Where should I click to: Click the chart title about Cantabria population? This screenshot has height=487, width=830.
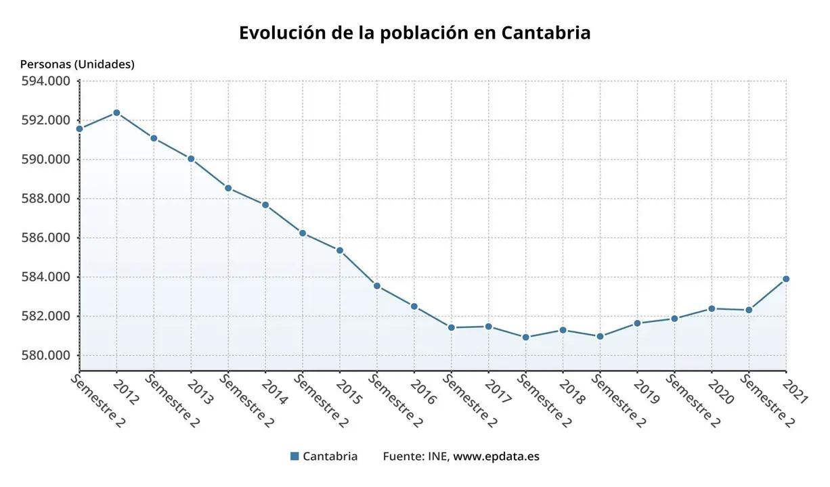(x=414, y=33)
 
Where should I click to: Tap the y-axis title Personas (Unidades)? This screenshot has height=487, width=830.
(x=77, y=64)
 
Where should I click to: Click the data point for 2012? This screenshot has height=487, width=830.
(x=116, y=112)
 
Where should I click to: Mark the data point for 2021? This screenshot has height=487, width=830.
(x=786, y=279)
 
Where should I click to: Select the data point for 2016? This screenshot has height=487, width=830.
(x=414, y=306)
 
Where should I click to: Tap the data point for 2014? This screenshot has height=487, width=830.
(x=265, y=205)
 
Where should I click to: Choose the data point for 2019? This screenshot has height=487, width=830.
(x=637, y=323)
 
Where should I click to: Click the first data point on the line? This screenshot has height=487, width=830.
(x=79, y=129)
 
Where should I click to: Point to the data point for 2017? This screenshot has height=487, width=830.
(x=488, y=327)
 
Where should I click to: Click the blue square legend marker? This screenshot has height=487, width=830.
(x=294, y=456)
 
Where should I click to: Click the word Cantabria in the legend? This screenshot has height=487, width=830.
(x=330, y=456)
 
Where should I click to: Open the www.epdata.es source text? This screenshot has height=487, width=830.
(x=496, y=456)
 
